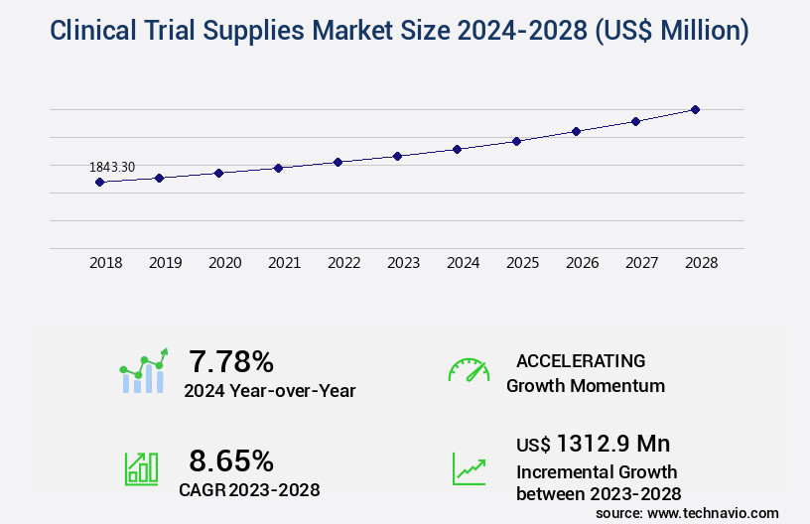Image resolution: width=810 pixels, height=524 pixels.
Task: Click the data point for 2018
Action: click(x=99, y=183)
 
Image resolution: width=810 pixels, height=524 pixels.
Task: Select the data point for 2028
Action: click(x=695, y=109)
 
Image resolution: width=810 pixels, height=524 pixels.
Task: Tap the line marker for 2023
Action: click(x=397, y=156)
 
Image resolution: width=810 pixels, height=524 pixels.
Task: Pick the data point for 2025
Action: click(x=516, y=141)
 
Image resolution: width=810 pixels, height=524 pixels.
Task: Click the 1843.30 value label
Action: click(x=112, y=167)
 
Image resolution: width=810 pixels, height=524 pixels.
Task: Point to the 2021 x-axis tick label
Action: click(x=284, y=263)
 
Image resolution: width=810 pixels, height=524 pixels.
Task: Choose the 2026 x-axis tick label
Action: click(x=582, y=263)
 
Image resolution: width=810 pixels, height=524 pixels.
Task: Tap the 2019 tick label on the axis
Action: click(x=165, y=263)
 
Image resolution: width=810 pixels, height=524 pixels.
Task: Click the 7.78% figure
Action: click(x=231, y=361)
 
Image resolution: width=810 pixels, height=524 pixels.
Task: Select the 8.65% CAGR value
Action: click(x=231, y=460)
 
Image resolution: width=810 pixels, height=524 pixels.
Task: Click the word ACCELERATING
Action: click(x=581, y=361)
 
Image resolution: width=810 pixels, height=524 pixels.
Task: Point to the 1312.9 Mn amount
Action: click(x=613, y=444)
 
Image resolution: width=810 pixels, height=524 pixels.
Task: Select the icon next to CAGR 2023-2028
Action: click(x=141, y=468)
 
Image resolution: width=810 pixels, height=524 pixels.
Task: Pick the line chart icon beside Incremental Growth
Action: click(x=469, y=468)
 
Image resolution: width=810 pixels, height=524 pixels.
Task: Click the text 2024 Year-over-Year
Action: click(x=269, y=391)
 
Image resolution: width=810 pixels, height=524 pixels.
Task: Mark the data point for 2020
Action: click(x=218, y=173)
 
